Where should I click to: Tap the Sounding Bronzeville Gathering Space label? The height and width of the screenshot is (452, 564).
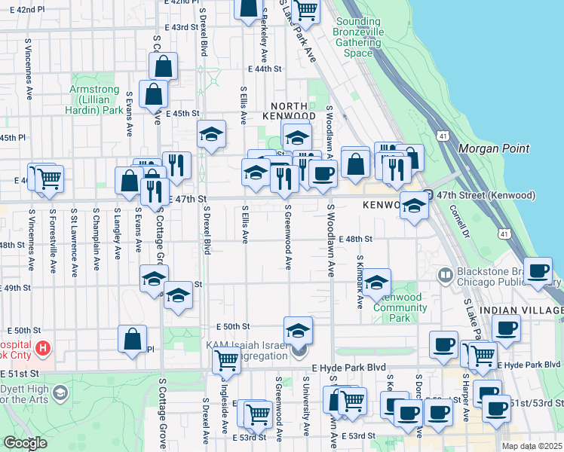click(358, 38)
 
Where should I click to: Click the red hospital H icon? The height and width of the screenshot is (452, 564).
click(44, 348)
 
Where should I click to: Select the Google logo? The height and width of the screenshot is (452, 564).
click(25, 444)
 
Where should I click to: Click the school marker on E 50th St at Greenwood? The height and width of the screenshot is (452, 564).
click(298, 329)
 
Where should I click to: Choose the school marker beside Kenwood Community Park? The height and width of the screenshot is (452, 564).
click(377, 282)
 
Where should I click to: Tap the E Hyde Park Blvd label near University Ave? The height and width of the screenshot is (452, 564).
click(349, 366)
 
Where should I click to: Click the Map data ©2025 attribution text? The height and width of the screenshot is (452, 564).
click(532, 446)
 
